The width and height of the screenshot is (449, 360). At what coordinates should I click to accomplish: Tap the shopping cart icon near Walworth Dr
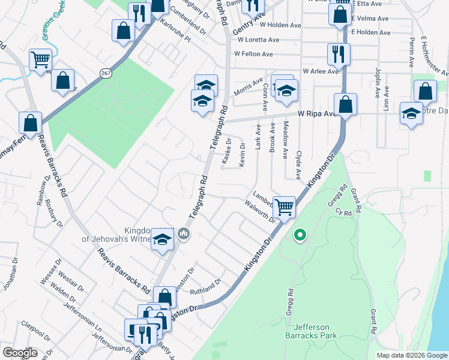click(x=285, y=206)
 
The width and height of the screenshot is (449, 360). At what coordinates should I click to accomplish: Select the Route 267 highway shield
click(x=106, y=73)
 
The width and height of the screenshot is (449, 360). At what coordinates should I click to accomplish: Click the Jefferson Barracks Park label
click(x=312, y=331)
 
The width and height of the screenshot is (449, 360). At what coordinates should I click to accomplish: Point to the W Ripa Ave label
click(x=318, y=113)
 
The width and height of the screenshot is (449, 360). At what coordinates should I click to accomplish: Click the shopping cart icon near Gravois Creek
click(x=40, y=59)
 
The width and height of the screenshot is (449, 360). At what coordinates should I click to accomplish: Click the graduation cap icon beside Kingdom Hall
click(x=162, y=239)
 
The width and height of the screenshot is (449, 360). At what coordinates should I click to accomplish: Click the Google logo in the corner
click(x=19, y=353)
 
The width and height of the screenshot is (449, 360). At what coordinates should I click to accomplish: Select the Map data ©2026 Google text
click(x=411, y=355)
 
